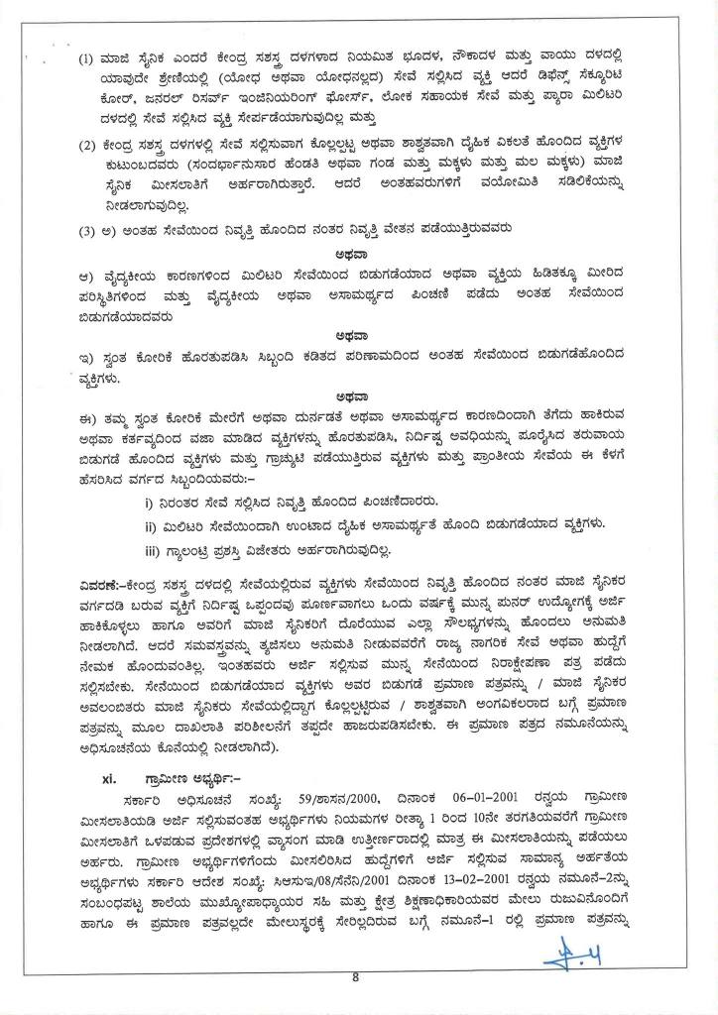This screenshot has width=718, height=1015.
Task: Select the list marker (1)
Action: [86, 55]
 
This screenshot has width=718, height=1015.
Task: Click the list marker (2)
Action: [86, 147]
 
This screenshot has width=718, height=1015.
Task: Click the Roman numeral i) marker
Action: [150, 503]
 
